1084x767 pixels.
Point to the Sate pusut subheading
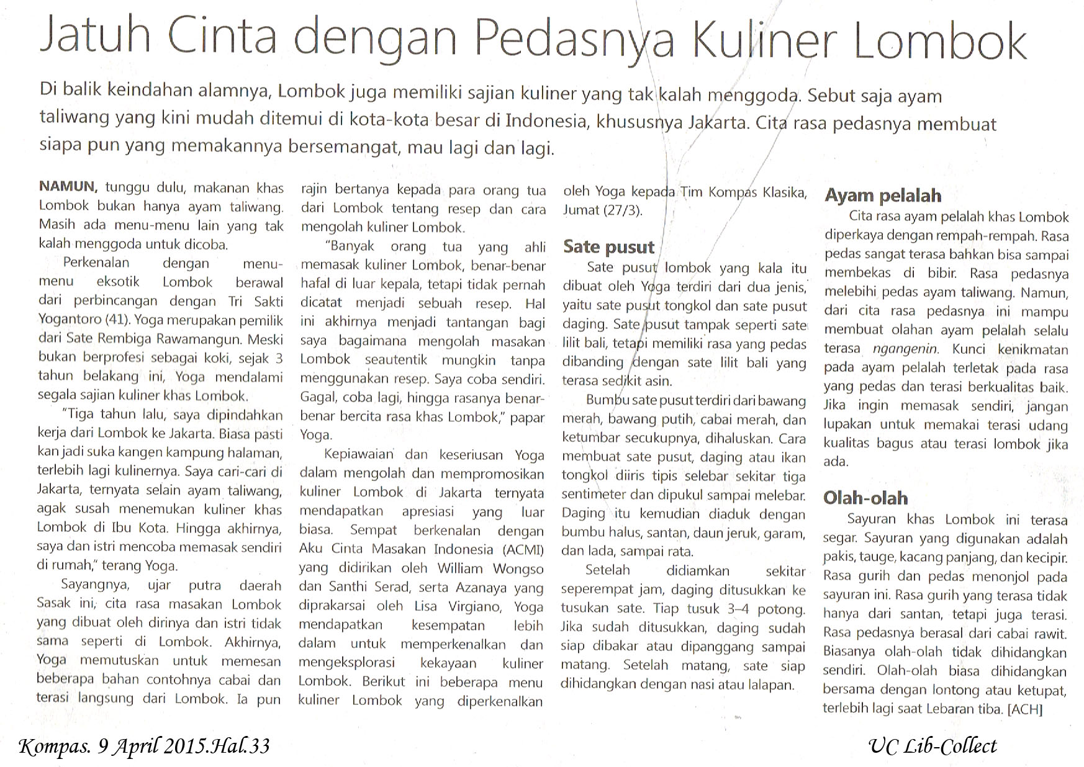click(608, 247)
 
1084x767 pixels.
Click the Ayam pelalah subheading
click(882, 195)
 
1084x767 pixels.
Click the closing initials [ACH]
click(1025, 709)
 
